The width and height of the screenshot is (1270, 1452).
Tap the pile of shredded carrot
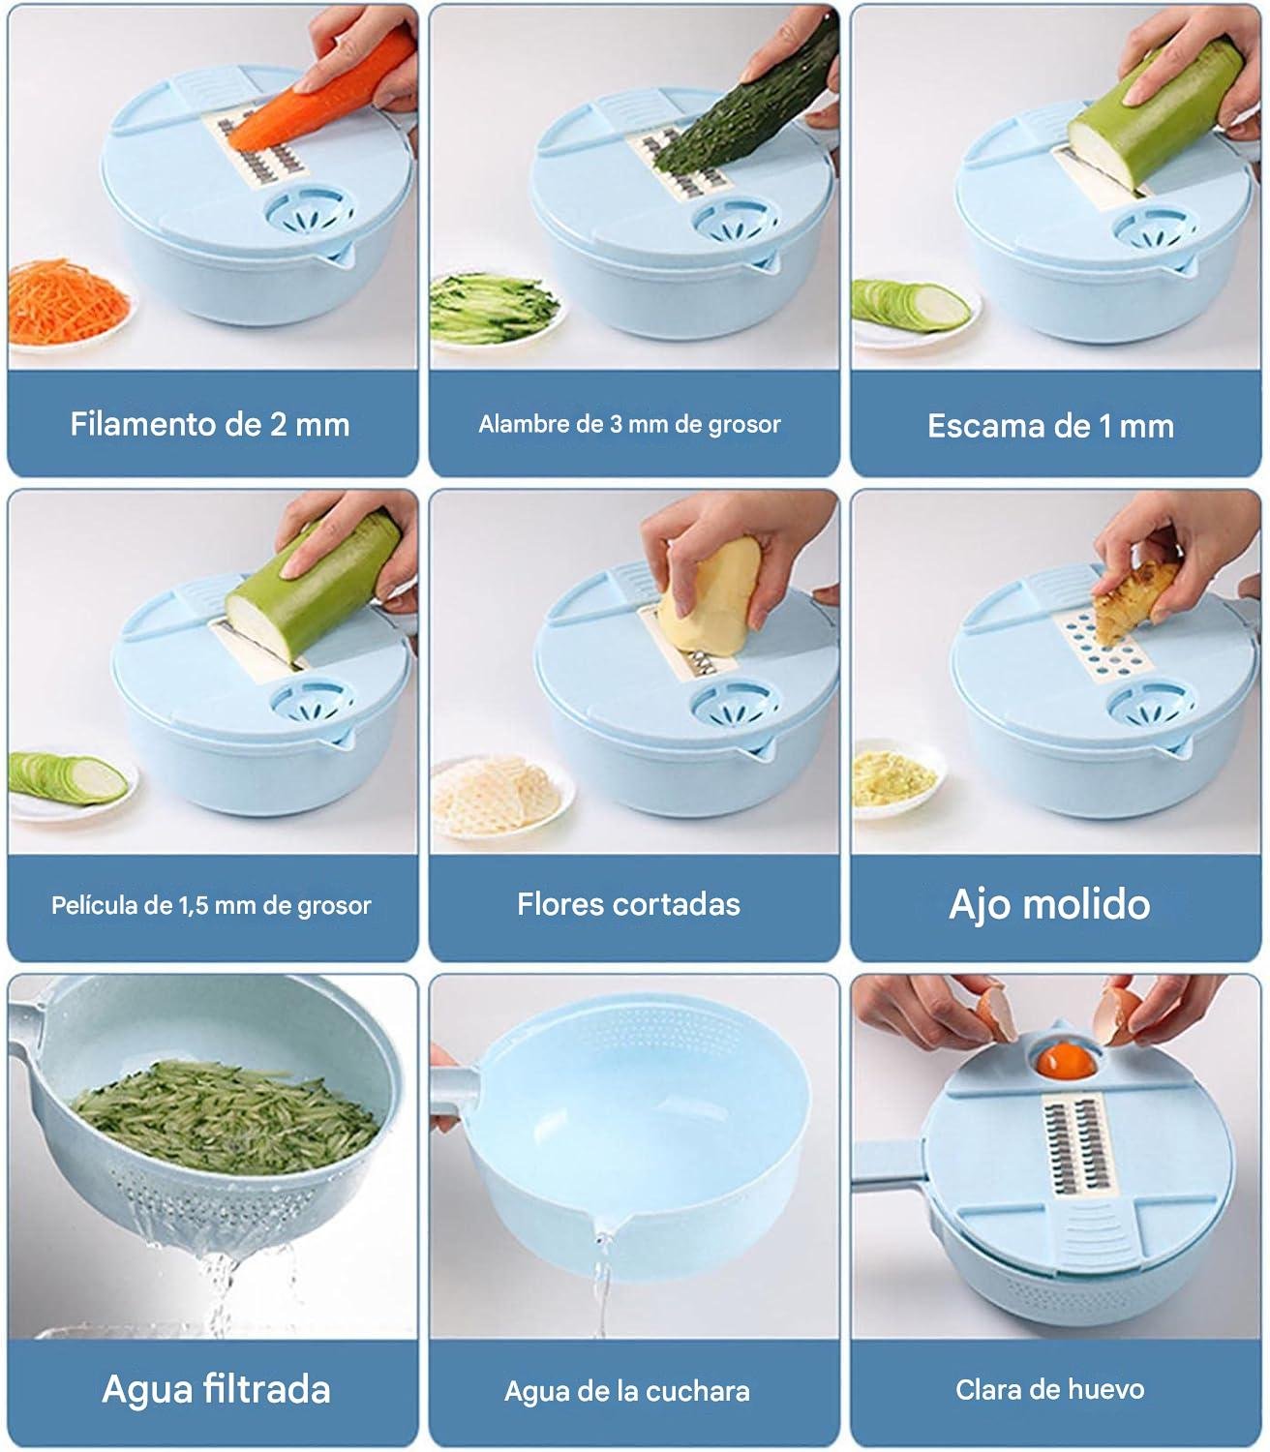pos(69,301)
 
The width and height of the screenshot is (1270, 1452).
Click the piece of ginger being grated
pos(1127,602)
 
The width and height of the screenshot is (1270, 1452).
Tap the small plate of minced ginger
pos(895,777)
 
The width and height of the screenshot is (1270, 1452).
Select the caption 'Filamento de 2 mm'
pos(210,424)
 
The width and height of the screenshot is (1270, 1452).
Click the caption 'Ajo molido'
pos(1049,905)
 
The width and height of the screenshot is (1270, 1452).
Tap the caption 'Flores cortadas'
pos(628,904)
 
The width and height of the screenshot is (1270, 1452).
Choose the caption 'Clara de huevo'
pos(1050,1389)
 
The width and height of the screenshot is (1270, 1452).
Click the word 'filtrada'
pos(267,1389)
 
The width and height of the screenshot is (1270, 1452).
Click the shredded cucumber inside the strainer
pos(226,1115)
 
